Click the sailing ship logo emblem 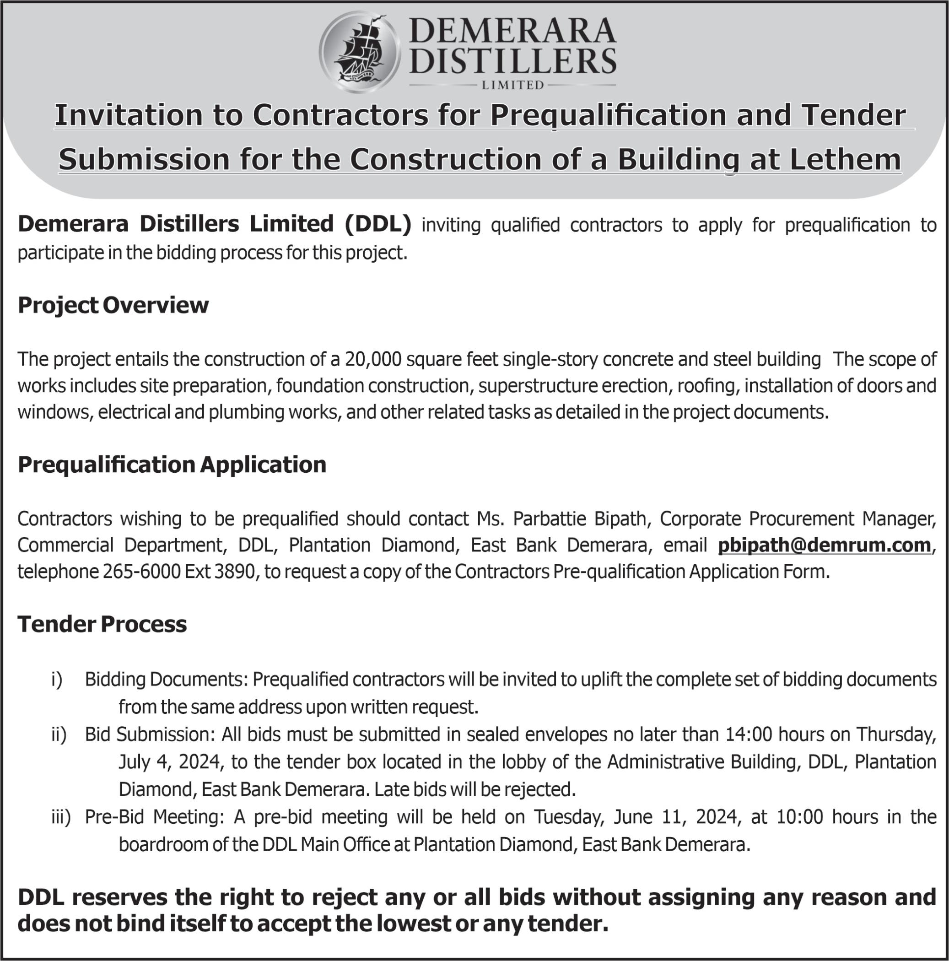359,52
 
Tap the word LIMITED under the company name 512,85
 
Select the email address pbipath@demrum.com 824,545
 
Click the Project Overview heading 113,305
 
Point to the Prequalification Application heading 172,464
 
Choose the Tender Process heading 102,624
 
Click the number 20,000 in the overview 372,359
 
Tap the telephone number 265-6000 142,572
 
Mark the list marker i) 57,680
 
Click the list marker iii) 61,817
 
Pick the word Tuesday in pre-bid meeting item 568,817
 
